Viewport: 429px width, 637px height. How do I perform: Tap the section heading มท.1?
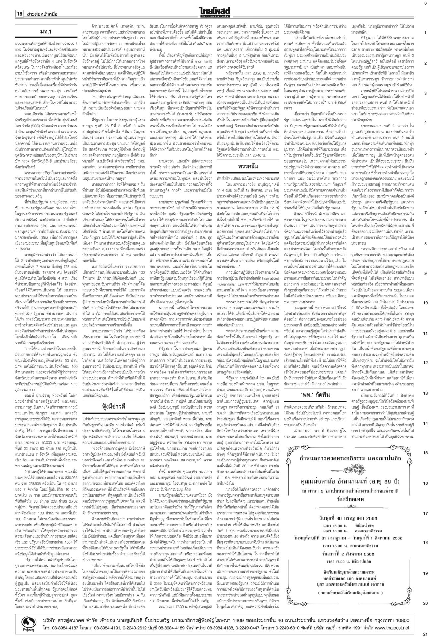[x=46, y=32]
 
